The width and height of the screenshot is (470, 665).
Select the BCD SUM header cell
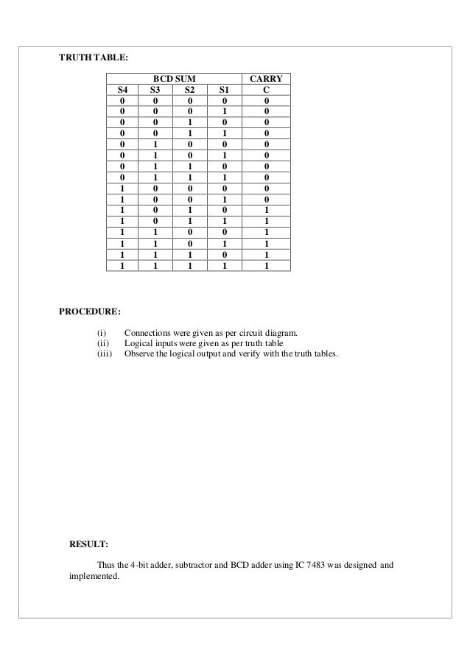point(174,77)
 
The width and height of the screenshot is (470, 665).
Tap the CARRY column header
point(266,77)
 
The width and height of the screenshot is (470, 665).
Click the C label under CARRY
point(266,88)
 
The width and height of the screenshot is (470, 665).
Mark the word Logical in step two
point(138,343)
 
